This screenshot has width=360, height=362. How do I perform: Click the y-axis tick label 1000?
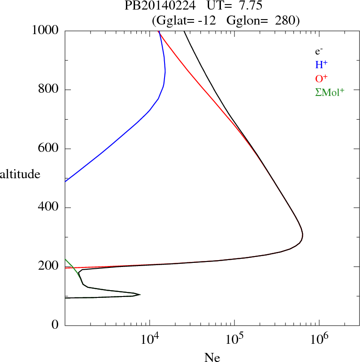(46, 31)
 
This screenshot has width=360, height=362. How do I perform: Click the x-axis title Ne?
(212, 357)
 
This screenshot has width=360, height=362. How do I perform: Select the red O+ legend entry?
(321, 78)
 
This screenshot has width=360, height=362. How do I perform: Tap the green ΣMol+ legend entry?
(330, 92)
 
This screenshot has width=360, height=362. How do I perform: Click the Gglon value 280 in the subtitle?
(286, 20)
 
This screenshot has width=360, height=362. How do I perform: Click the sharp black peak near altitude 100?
(140, 295)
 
